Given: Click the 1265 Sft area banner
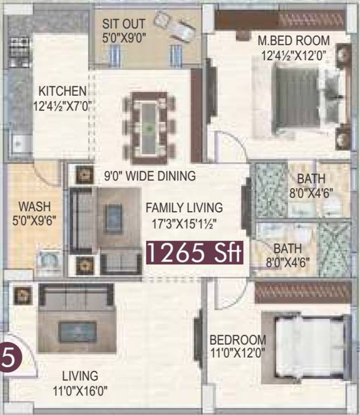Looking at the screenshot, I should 195,252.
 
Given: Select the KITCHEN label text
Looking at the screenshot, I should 62,98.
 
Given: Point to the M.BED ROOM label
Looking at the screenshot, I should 294,47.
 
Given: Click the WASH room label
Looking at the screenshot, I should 34,213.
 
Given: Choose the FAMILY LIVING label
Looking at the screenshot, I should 184,214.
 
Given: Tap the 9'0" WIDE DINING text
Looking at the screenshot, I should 150,176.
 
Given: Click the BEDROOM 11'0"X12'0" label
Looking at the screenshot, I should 238,346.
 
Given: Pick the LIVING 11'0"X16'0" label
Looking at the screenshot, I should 80,382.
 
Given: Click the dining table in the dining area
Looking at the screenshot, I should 148,128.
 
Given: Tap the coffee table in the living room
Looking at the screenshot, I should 78,331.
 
